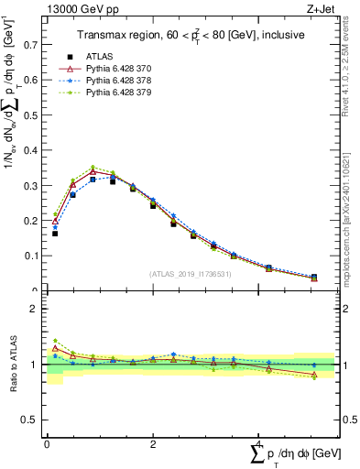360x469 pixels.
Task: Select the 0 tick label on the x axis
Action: [47, 444]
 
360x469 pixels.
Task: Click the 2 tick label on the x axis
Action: [152, 444]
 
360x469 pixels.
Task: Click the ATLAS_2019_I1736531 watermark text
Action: [191, 274]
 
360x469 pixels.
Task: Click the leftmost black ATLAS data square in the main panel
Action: [55, 234]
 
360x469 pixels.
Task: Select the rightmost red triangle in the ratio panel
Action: [314, 375]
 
